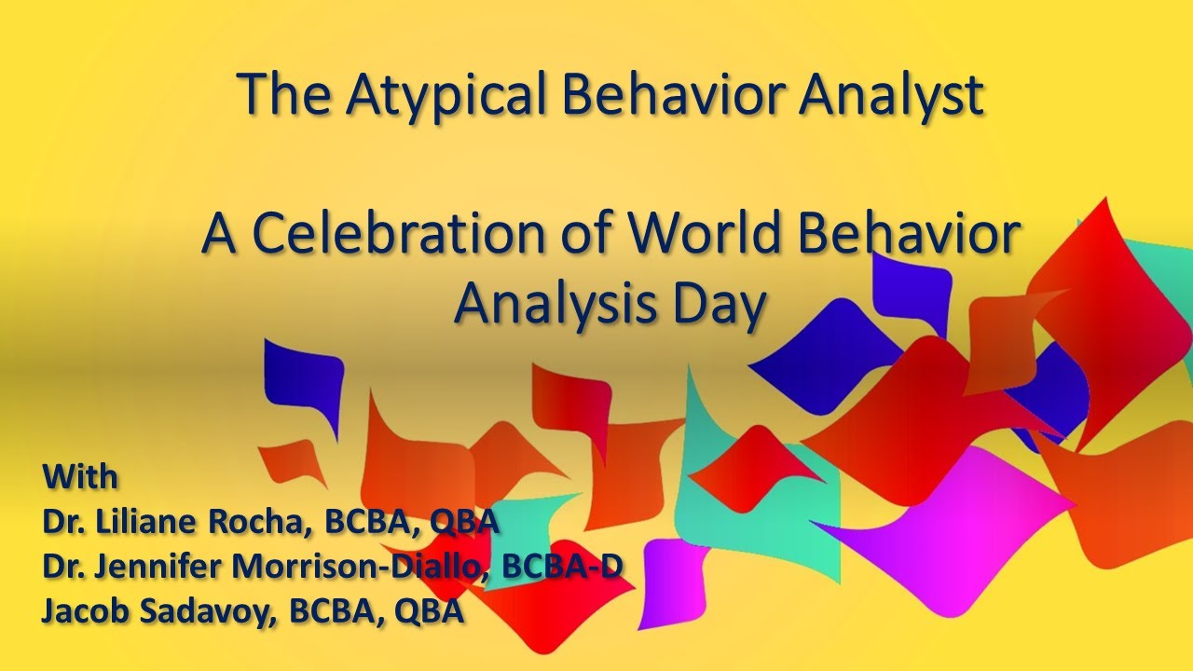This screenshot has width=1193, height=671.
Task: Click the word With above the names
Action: point(80,476)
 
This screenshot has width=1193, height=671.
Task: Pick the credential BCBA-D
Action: point(561,566)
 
